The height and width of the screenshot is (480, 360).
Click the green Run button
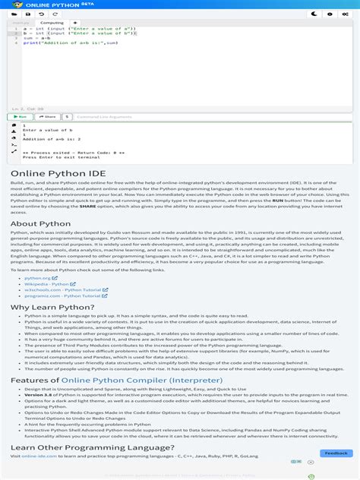point(20,117)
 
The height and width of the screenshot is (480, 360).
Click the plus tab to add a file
point(75,23)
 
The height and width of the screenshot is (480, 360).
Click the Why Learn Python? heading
point(52,307)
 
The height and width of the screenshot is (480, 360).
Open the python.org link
point(38,278)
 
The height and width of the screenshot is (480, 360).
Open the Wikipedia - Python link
point(46,284)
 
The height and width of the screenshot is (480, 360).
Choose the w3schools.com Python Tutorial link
point(62,289)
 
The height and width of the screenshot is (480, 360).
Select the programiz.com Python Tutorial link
point(61,295)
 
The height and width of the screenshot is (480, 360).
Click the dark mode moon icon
point(314,14)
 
